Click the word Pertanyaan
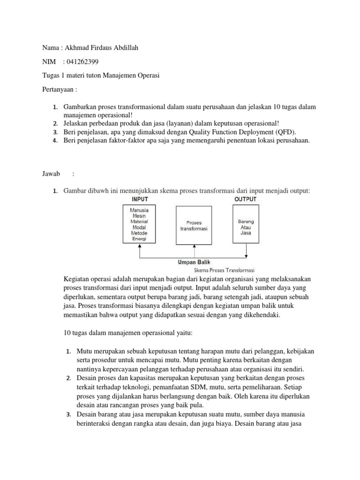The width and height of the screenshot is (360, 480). (x=56, y=89)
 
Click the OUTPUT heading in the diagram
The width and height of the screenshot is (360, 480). (x=245, y=199)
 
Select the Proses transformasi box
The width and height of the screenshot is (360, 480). (x=193, y=225)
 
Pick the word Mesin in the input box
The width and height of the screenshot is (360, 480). (x=139, y=216)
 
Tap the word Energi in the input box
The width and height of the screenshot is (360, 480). (x=139, y=239)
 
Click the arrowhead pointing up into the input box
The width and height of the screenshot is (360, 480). (x=139, y=247)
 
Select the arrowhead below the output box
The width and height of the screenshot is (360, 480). (x=246, y=256)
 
